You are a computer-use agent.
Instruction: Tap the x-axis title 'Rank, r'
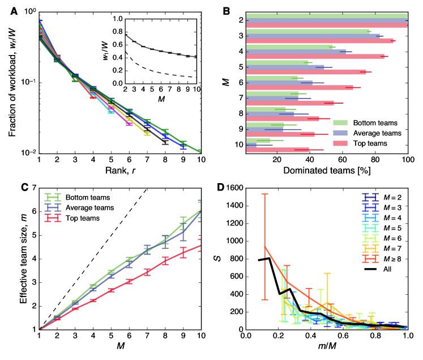[x=119, y=170]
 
